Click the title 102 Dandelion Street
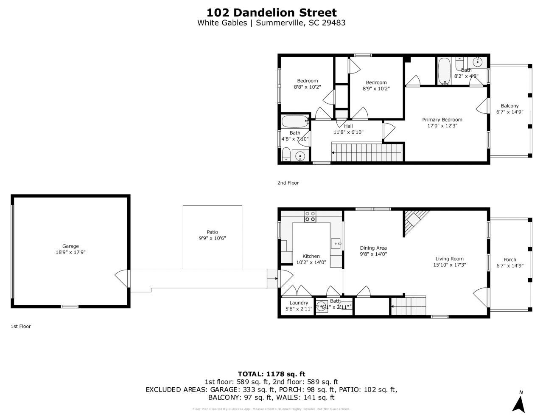pyautogui.click(x=271, y=12)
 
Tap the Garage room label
pyautogui.click(x=70, y=246)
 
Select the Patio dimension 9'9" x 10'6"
pyautogui.click(x=213, y=238)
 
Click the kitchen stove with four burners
pyautogui.click(x=310, y=217)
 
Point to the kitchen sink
pyautogui.click(x=336, y=244)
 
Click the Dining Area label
pyautogui.click(x=373, y=248)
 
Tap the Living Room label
pyautogui.click(x=449, y=259)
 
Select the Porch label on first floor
pyautogui.click(x=510, y=259)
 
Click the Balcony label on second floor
pyautogui.click(x=509, y=106)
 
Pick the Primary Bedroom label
pyautogui.click(x=442, y=120)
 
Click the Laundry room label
pyautogui.click(x=299, y=303)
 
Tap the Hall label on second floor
pyautogui.click(x=348, y=126)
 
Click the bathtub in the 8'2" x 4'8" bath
pyautogui.click(x=444, y=71)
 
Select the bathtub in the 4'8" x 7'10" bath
pyautogui.click(x=295, y=121)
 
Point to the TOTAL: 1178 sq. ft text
pyautogui.click(x=271, y=374)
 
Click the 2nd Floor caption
pyautogui.click(x=288, y=183)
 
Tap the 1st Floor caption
pyautogui.click(x=21, y=327)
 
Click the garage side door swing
pyautogui.click(x=122, y=278)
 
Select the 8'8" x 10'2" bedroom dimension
pyautogui.click(x=307, y=87)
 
